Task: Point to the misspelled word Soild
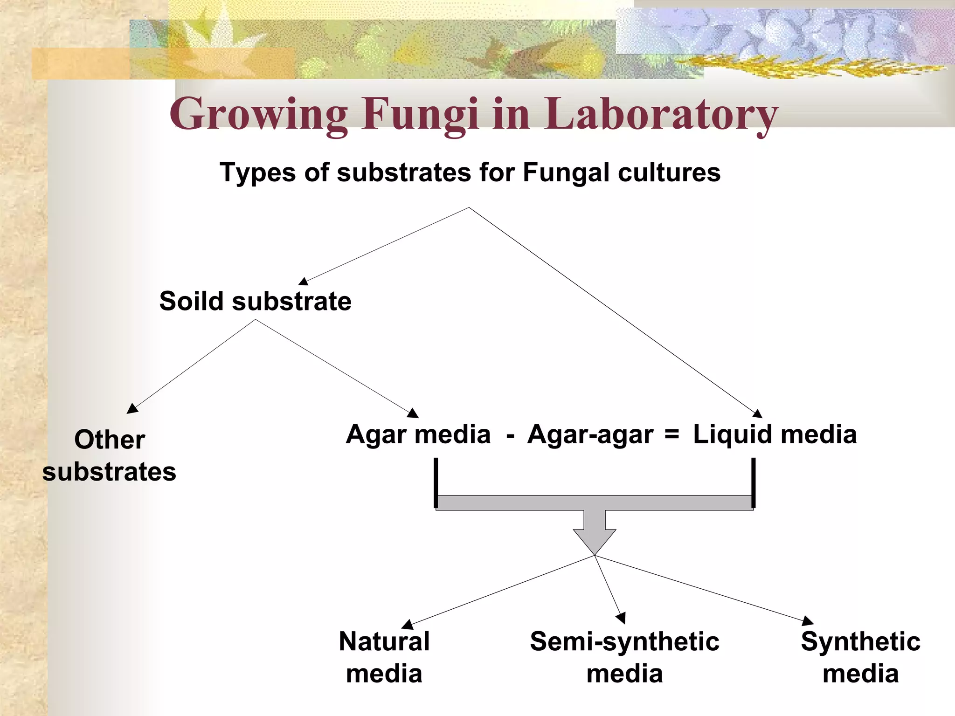click(x=191, y=301)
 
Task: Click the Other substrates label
click(x=110, y=455)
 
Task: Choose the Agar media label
click(x=418, y=434)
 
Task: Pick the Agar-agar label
click(x=590, y=434)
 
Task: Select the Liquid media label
click(x=775, y=434)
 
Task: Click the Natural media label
click(x=384, y=657)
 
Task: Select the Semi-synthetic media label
click(x=624, y=657)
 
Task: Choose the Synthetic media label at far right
click(x=860, y=657)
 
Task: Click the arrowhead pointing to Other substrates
click(x=132, y=409)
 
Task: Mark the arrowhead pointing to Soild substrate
click(x=304, y=281)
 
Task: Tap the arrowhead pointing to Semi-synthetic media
click(x=621, y=618)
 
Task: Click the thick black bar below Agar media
click(x=436, y=482)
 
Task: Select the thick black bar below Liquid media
click(x=753, y=482)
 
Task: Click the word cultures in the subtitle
click(x=669, y=172)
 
